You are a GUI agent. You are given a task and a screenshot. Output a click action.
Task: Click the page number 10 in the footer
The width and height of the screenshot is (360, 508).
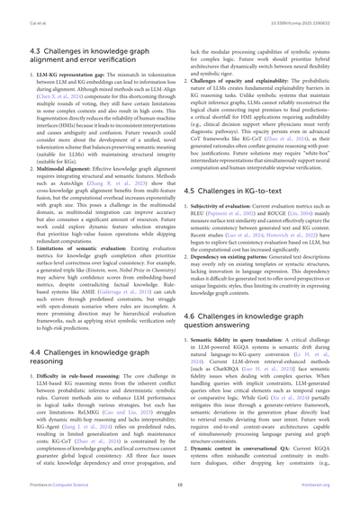point(179,495)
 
